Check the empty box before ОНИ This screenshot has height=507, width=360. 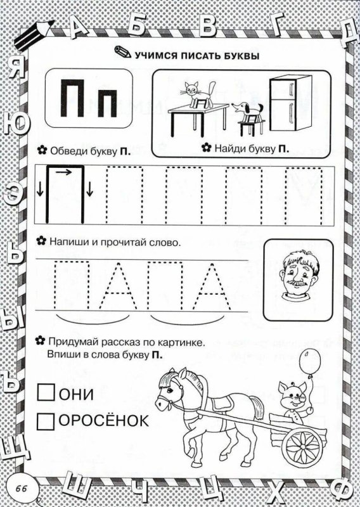click(x=46, y=394)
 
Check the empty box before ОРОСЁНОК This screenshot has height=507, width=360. click(x=46, y=420)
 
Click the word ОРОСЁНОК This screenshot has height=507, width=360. click(x=105, y=420)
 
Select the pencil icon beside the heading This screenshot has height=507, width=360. click(x=121, y=53)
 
